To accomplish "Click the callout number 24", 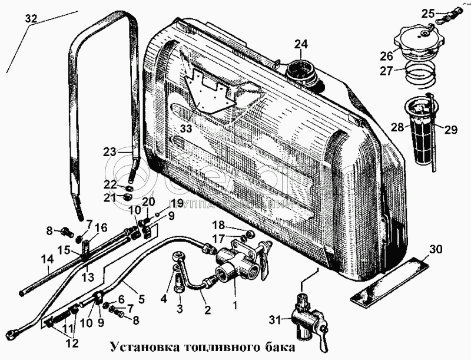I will pyautogui.click(x=301, y=44).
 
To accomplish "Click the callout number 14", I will pyautogui.click(x=29, y=257).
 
